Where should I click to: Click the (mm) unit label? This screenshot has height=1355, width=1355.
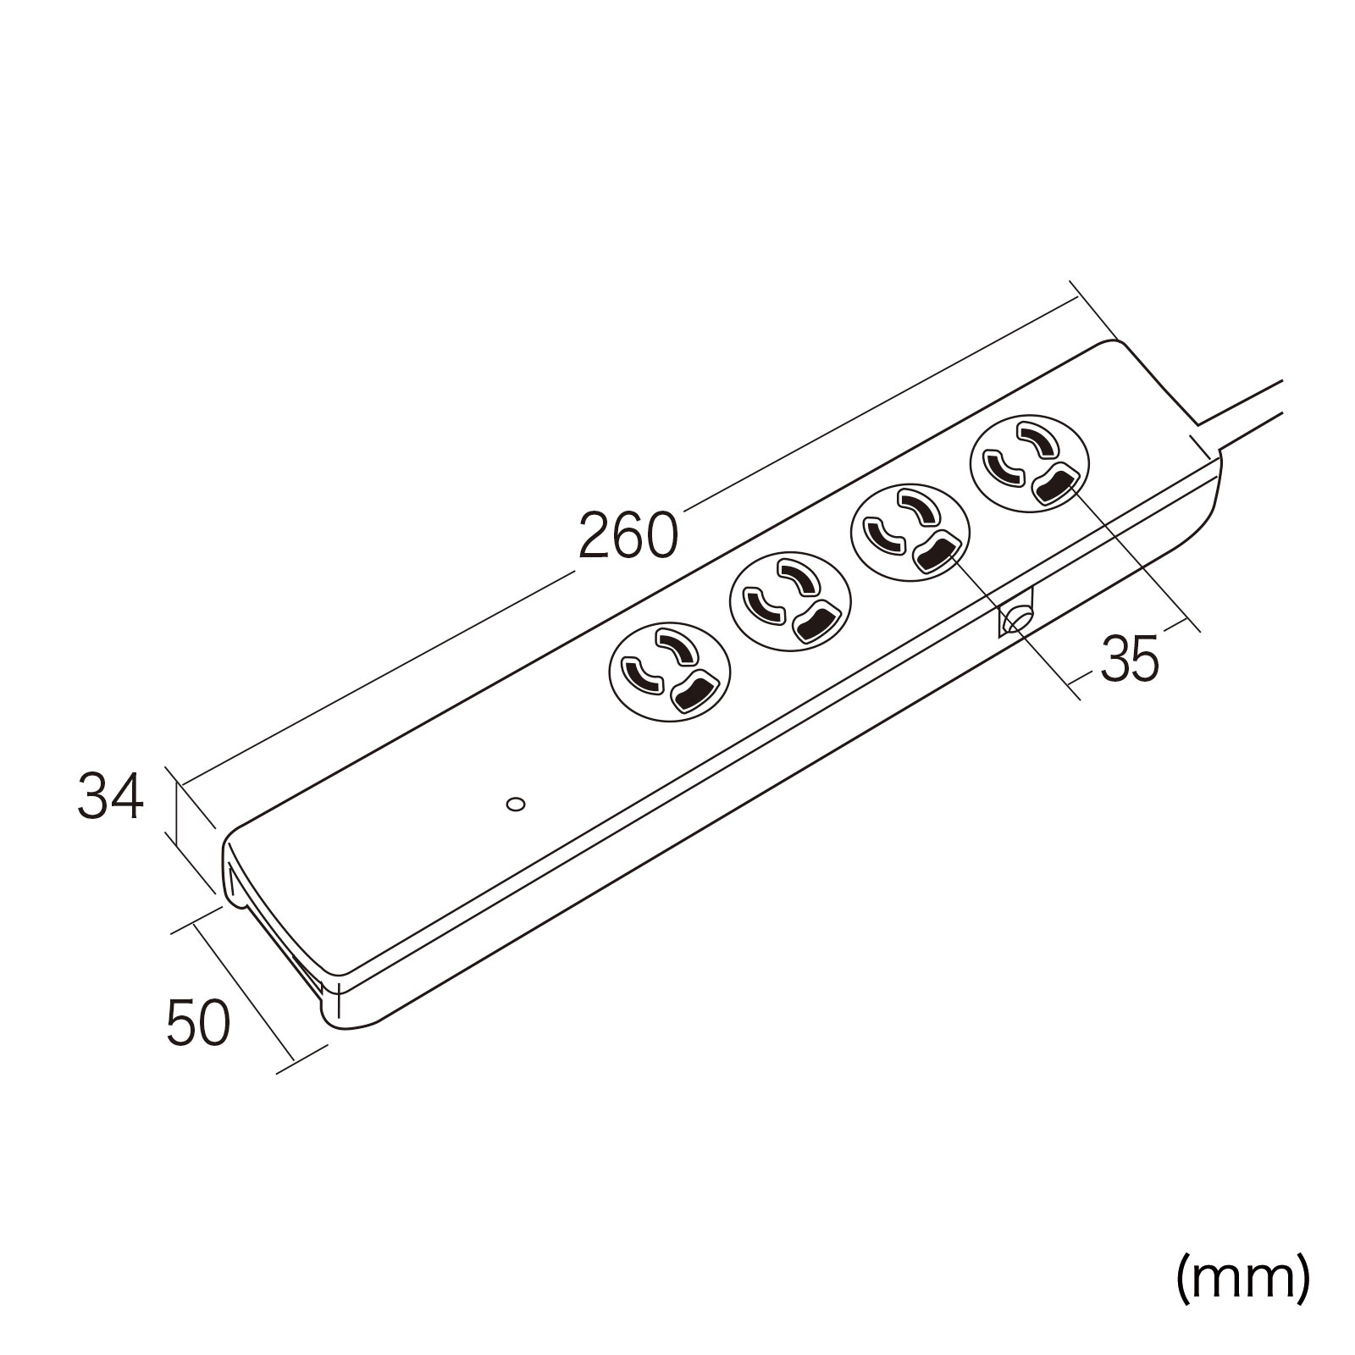(1243, 1280)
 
